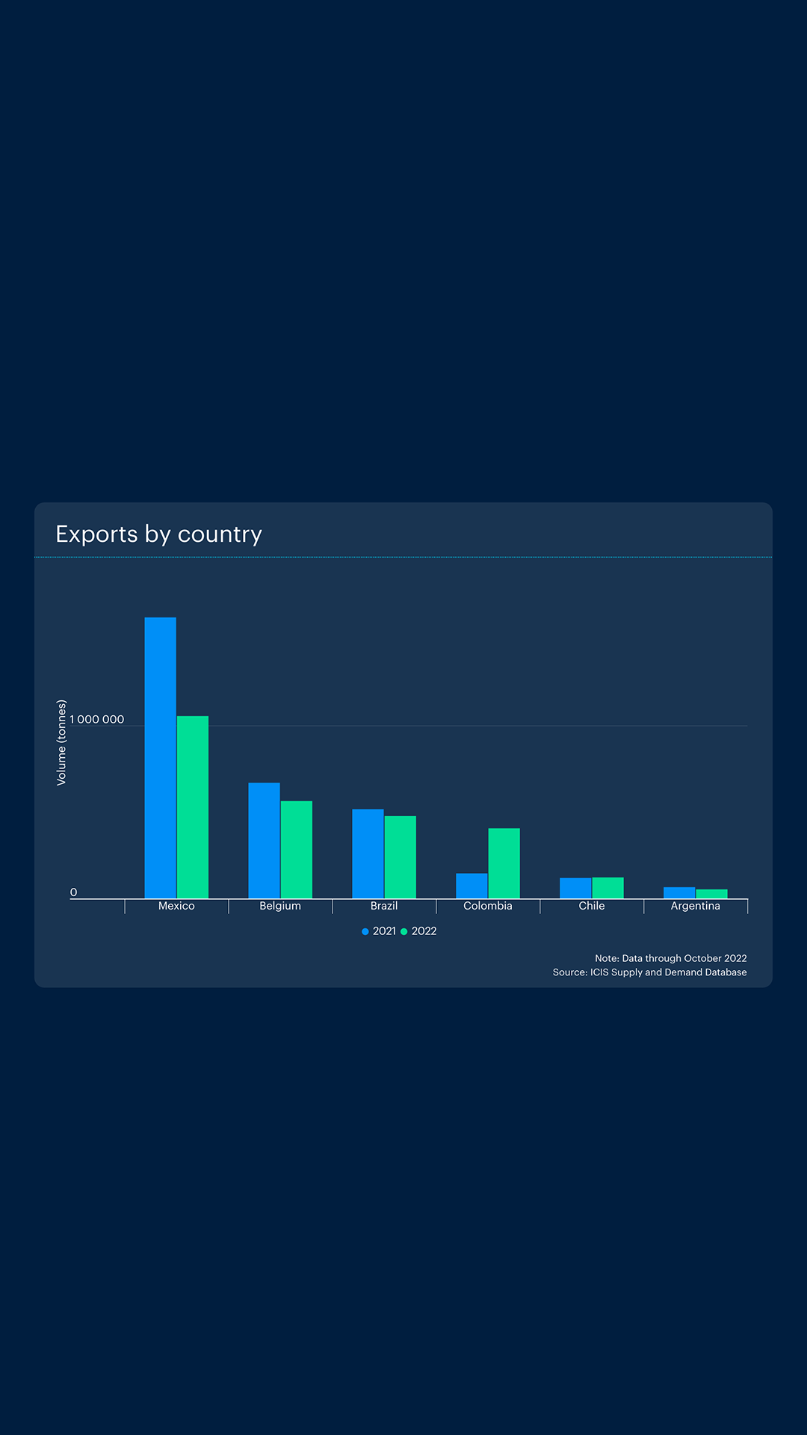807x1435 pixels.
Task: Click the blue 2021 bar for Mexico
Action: (160, 758)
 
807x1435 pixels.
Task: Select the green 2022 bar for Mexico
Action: (193, 807)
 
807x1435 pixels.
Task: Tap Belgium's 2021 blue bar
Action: (264, 841)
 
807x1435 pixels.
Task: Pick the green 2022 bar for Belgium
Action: (297, 850)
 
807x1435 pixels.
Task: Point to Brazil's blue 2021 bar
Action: (368, 854)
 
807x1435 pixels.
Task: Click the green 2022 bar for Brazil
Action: (401, 857)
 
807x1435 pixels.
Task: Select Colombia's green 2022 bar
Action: (504, 863)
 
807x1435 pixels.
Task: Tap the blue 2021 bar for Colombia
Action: (471, 886)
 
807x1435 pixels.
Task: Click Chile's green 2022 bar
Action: (608, 888)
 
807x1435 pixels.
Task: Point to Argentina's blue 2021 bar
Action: (679, 893)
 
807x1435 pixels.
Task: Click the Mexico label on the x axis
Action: (176, 906)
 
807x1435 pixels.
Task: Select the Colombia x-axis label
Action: (488, 906)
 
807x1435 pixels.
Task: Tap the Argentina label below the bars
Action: (696, 906)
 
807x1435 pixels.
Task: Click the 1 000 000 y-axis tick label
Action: (97, 720)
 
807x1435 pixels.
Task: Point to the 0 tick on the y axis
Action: (73, 892)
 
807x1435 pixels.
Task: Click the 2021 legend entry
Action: (380, 931)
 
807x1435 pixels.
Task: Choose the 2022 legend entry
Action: (419, 931)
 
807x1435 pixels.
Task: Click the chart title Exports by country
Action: (159, 534)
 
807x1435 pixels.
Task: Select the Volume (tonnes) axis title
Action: (62, 742)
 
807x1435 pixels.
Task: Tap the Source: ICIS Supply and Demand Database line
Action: (650, 972)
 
